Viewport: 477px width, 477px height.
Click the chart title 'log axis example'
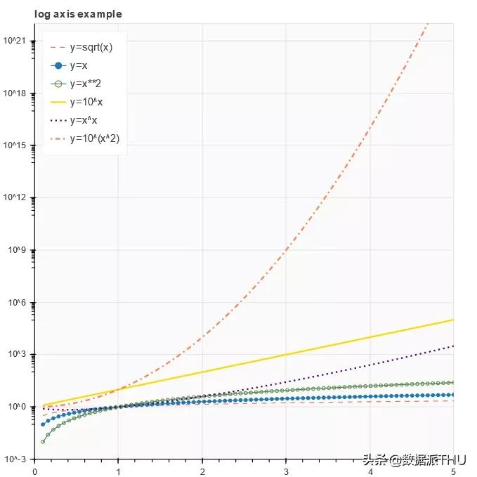click(78, 14)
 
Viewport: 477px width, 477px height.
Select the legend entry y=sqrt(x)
click(91, 48)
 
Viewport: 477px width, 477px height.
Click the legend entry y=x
click(79, 66)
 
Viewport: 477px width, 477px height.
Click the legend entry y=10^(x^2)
click(94, 138)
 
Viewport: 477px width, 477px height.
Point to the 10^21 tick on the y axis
click(15, 41)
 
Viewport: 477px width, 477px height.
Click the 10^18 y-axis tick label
click(15, 93)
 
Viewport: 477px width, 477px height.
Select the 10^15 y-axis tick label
click(15, 145)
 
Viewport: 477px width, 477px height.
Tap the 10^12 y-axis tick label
click(15, 197)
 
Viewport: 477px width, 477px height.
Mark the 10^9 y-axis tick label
click(17, 250)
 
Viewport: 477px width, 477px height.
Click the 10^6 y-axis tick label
click(17, 302)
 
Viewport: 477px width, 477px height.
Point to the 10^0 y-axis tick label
click(17, 407)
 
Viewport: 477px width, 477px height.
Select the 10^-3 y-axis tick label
click(16, 459)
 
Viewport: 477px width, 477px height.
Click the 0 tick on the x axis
click(35, 471)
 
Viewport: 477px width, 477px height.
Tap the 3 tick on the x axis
click(286, 471)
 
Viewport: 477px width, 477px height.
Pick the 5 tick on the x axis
click(453, 471)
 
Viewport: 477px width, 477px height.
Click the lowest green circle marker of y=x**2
click(43, 441)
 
